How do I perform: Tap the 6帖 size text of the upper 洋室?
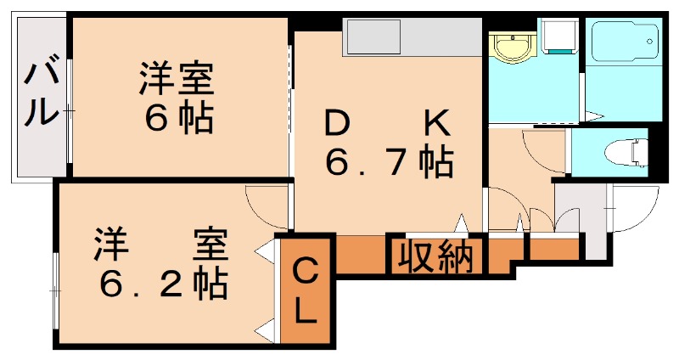coord(177,119)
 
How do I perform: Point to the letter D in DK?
coord(337,125)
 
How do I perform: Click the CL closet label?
coord(306,292)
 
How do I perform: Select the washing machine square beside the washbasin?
coord(558,37)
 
